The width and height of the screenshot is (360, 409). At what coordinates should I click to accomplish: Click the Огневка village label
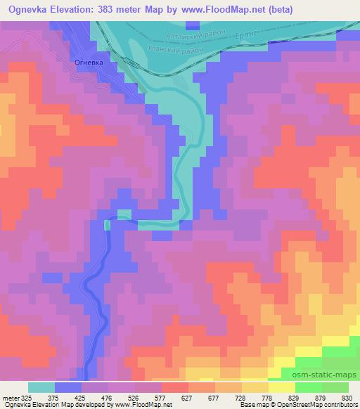click(x=89, y=63)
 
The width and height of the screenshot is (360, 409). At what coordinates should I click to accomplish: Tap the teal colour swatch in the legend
click(x=41, y=387)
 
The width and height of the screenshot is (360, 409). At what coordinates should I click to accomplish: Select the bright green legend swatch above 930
click(x=335, y=387)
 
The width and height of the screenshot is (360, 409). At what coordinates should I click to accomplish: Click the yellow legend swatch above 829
click(x=282, y=387)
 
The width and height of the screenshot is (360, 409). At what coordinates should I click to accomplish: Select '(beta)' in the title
click(x=274, y=9)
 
